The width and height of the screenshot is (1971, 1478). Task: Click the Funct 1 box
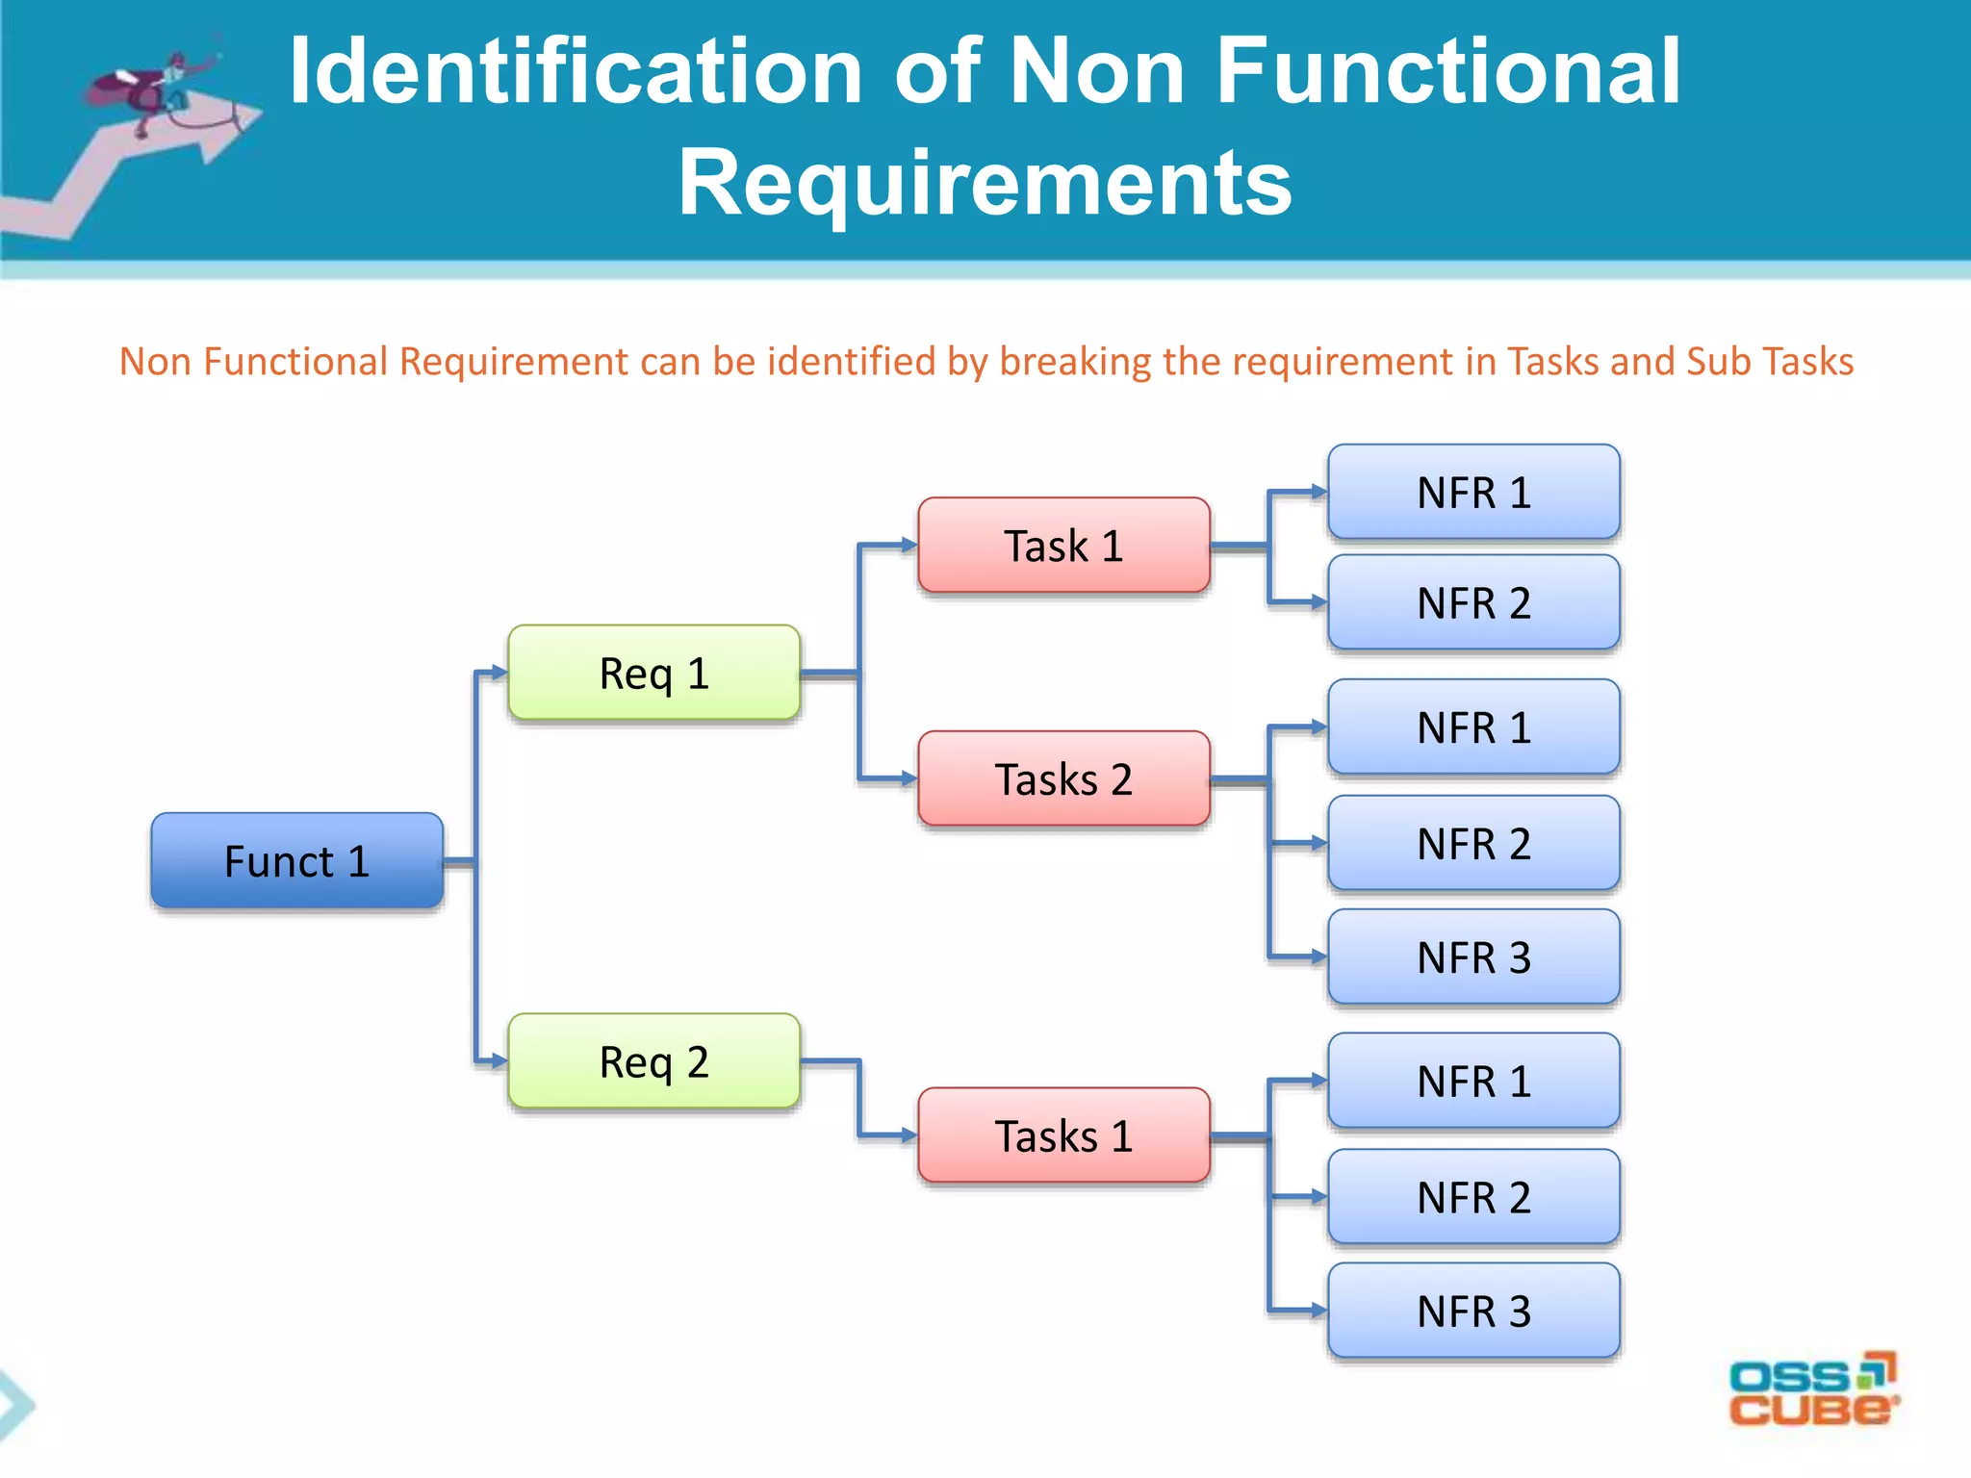(x=296, y=860)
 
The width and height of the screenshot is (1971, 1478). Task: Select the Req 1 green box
(x=653, y=673)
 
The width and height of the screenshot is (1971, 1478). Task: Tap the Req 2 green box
(x=653, y=1061)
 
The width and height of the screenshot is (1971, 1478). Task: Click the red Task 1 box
(x=1063, y=546)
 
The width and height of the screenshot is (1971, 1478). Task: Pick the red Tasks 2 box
(x=1063, y=778)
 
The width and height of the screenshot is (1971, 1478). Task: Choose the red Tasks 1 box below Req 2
(x=1063, y=1135)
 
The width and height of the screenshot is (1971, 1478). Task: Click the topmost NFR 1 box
(x=1473, y=492)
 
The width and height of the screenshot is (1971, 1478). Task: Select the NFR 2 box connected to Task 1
(x=1473, y=602)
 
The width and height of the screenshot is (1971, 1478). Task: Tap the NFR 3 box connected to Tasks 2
(x=1473, y=956)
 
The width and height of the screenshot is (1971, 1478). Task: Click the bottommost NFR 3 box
(x=1473, y=1311)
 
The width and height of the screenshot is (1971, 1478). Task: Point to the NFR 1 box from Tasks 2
(x=1473, y=726)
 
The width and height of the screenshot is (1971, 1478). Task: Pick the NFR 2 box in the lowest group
(x=1473, y=1197)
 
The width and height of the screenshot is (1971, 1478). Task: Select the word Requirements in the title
(x=985, y=183)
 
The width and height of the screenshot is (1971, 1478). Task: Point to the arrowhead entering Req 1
(x=499, y=672)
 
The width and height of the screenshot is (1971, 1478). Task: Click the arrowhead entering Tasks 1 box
(x=909, y=1135)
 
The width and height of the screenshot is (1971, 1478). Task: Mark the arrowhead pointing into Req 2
(x=499, y=1060)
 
